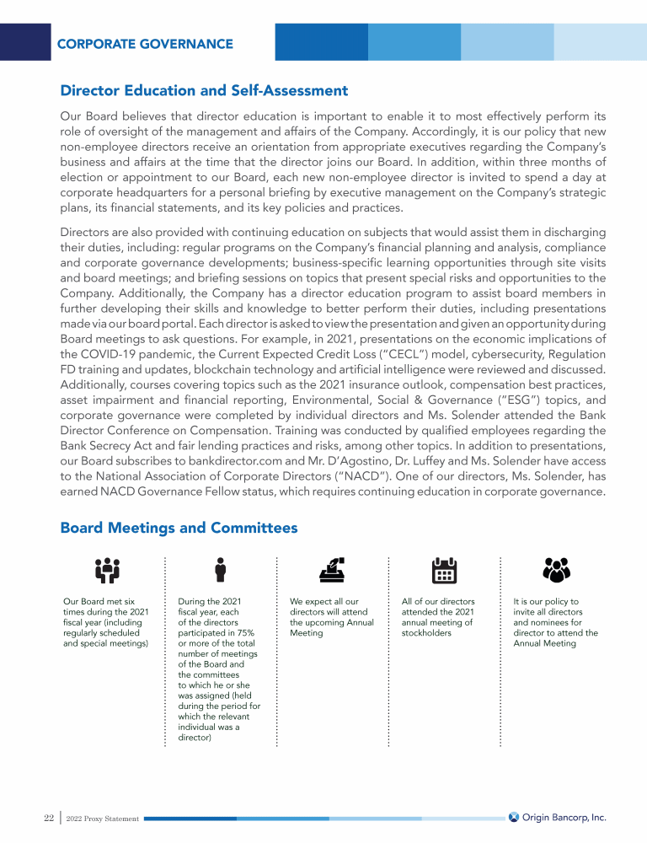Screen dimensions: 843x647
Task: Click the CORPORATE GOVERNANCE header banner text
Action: pos(145,43)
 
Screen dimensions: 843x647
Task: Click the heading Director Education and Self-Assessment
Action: pos(204,90)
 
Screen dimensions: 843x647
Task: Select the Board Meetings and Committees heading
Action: pos(179,528)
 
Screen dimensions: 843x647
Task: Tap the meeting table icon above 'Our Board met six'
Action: pos(106,571)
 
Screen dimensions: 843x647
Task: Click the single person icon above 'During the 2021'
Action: pos(219,571)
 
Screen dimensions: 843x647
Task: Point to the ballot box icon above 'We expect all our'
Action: pos(331,571)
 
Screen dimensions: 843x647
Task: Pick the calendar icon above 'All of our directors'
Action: pos(443,571)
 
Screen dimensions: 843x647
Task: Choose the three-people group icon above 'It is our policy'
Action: pos(556,571)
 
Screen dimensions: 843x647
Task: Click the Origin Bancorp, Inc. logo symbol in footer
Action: pos(514,817)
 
